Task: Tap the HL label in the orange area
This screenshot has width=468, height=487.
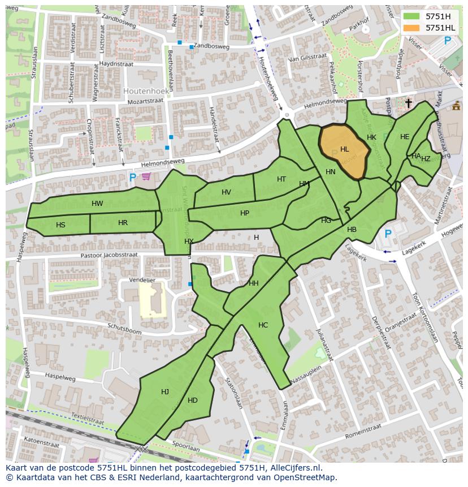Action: pyautogui.click(x=344, y=149)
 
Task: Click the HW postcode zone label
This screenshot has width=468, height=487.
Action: pyautogui.click(x=97, y=204)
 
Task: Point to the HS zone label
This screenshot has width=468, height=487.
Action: pyautogui.click(x=60, y=225)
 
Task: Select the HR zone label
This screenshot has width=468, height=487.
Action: pyautogui.click(x=123, y=223)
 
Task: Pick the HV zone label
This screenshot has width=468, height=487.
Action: pyautogui.click(x=226, y=192)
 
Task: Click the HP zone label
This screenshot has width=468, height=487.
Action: pyautogui.click(x=244, y=213)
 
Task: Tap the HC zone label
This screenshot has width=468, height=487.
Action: pyautogui.click(x=263, y=325)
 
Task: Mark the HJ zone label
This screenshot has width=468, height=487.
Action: pyautogui.click(x=164, y=392)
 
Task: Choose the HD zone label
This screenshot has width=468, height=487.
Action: pyautogui.click(x=193, y=400)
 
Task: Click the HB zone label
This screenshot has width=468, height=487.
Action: pyautogui.click(x=352, y=230)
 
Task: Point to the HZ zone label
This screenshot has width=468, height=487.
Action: pyautogui.click(x=426, y=159)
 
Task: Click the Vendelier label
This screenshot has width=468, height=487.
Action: pyautogui.click(x=142, y=280)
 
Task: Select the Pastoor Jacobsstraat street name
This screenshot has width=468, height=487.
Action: pyautogui.click(x=109, y=255)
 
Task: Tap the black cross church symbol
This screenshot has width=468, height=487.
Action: pyautogui.click(x=408, y=103)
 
